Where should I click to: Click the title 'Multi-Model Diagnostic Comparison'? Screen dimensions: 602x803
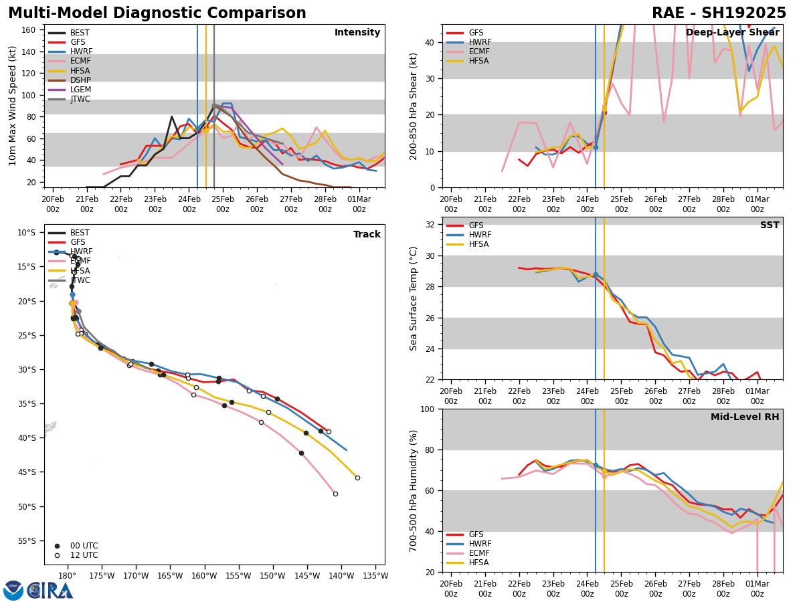(x=157, y=13)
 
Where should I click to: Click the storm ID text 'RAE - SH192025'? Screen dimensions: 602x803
(x=719, y=13)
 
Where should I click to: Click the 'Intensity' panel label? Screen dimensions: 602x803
(x=357, y=33)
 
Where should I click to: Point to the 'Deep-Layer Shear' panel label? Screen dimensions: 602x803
(x=732, y=33)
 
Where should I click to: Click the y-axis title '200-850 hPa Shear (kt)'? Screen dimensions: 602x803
(x=414, y=106)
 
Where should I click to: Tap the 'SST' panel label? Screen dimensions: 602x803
(x=769, y=225)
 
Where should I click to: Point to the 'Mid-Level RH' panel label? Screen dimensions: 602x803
(x=745, y=417)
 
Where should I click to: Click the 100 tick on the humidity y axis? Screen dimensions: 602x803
(x=428, y=409)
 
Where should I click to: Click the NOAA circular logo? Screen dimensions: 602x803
(x=13, y=590)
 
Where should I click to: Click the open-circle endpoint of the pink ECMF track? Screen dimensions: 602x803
(x=335, y=494)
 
